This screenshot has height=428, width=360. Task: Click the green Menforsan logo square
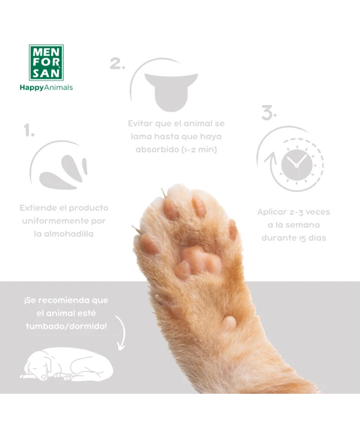pos(46,62)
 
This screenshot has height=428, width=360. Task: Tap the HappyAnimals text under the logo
pos(46,88)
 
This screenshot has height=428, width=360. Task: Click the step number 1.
pos(29,130)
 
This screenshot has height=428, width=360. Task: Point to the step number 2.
pos(118,63)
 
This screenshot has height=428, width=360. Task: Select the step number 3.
pos(269,112)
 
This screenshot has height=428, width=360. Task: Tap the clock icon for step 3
pos(297,164)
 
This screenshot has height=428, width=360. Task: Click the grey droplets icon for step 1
pos(64,172)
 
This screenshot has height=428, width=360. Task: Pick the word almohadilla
pos(64,234)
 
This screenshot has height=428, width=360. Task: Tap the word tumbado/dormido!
pos(67,326)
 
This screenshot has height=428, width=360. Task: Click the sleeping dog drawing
pos(67,364)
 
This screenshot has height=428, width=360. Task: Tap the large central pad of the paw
pos(198,262)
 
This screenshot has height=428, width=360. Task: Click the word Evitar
pos(140,124)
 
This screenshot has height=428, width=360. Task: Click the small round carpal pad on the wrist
pos(229,322)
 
